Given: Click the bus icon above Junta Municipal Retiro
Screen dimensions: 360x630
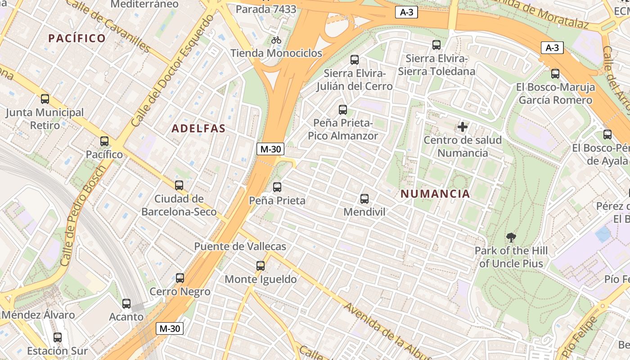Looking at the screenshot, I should pyautogui.click(x=45, y=99).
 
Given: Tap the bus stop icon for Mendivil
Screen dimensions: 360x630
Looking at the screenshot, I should pyautogui.click(x=364, y=198).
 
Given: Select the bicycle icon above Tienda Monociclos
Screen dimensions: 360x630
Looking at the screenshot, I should pyautogui.click(x=276, y=40).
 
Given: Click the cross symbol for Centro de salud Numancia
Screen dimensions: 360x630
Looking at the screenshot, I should pyautogui.click(x=463, y=127).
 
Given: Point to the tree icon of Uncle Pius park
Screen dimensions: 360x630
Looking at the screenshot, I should pyautogui.click(x=511, y=237).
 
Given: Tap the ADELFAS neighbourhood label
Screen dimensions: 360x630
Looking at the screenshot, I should pyautogui.click(x=198, y=129).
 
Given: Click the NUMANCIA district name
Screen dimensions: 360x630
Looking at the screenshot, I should pyautogui.click(x=435, y=194).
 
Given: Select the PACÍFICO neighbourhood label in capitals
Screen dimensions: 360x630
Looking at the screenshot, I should pyautogui.click(x=77, y=38).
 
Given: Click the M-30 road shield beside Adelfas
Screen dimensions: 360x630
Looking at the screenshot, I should pyautogui.click(x=270, y=149).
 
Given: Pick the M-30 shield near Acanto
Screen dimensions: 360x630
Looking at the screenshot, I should pyautogui.click(x=170, y=329).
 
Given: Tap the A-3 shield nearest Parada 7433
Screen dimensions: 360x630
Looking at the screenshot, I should pyautogui.click(x=406, y=13).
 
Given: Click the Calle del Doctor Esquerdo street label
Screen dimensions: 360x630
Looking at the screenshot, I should pyautogui.click(x=172, y=71).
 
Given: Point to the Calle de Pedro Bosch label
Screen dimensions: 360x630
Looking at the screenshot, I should pyautogui.click(x=84, y=215).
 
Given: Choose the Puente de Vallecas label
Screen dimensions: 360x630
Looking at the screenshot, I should pyautogui.click(x=240, y=247).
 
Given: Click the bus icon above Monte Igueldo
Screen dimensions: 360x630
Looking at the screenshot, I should pyautogui.click(x=261, y=266).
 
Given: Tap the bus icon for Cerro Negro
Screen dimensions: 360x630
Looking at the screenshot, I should pyautogui.click(x=180, y=278).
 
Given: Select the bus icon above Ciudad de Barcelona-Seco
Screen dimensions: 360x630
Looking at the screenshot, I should pyautogui.click(x=179, y=185).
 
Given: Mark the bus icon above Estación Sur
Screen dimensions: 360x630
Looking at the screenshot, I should pyautogui.click(x=58, y=337).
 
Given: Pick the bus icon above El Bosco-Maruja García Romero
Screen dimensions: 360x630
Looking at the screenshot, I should pyautogui.click(x=555, y=74).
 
